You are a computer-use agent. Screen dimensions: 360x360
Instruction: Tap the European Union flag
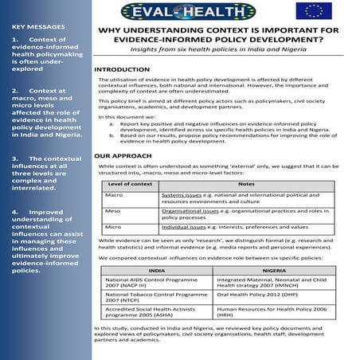311,10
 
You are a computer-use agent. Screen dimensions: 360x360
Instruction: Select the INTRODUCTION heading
122,70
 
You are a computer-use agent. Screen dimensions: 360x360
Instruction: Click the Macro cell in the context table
114,194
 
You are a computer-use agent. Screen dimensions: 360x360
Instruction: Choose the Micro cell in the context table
113,227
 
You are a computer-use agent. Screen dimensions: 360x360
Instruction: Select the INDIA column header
157,270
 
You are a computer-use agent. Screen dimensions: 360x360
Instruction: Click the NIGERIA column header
274,270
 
